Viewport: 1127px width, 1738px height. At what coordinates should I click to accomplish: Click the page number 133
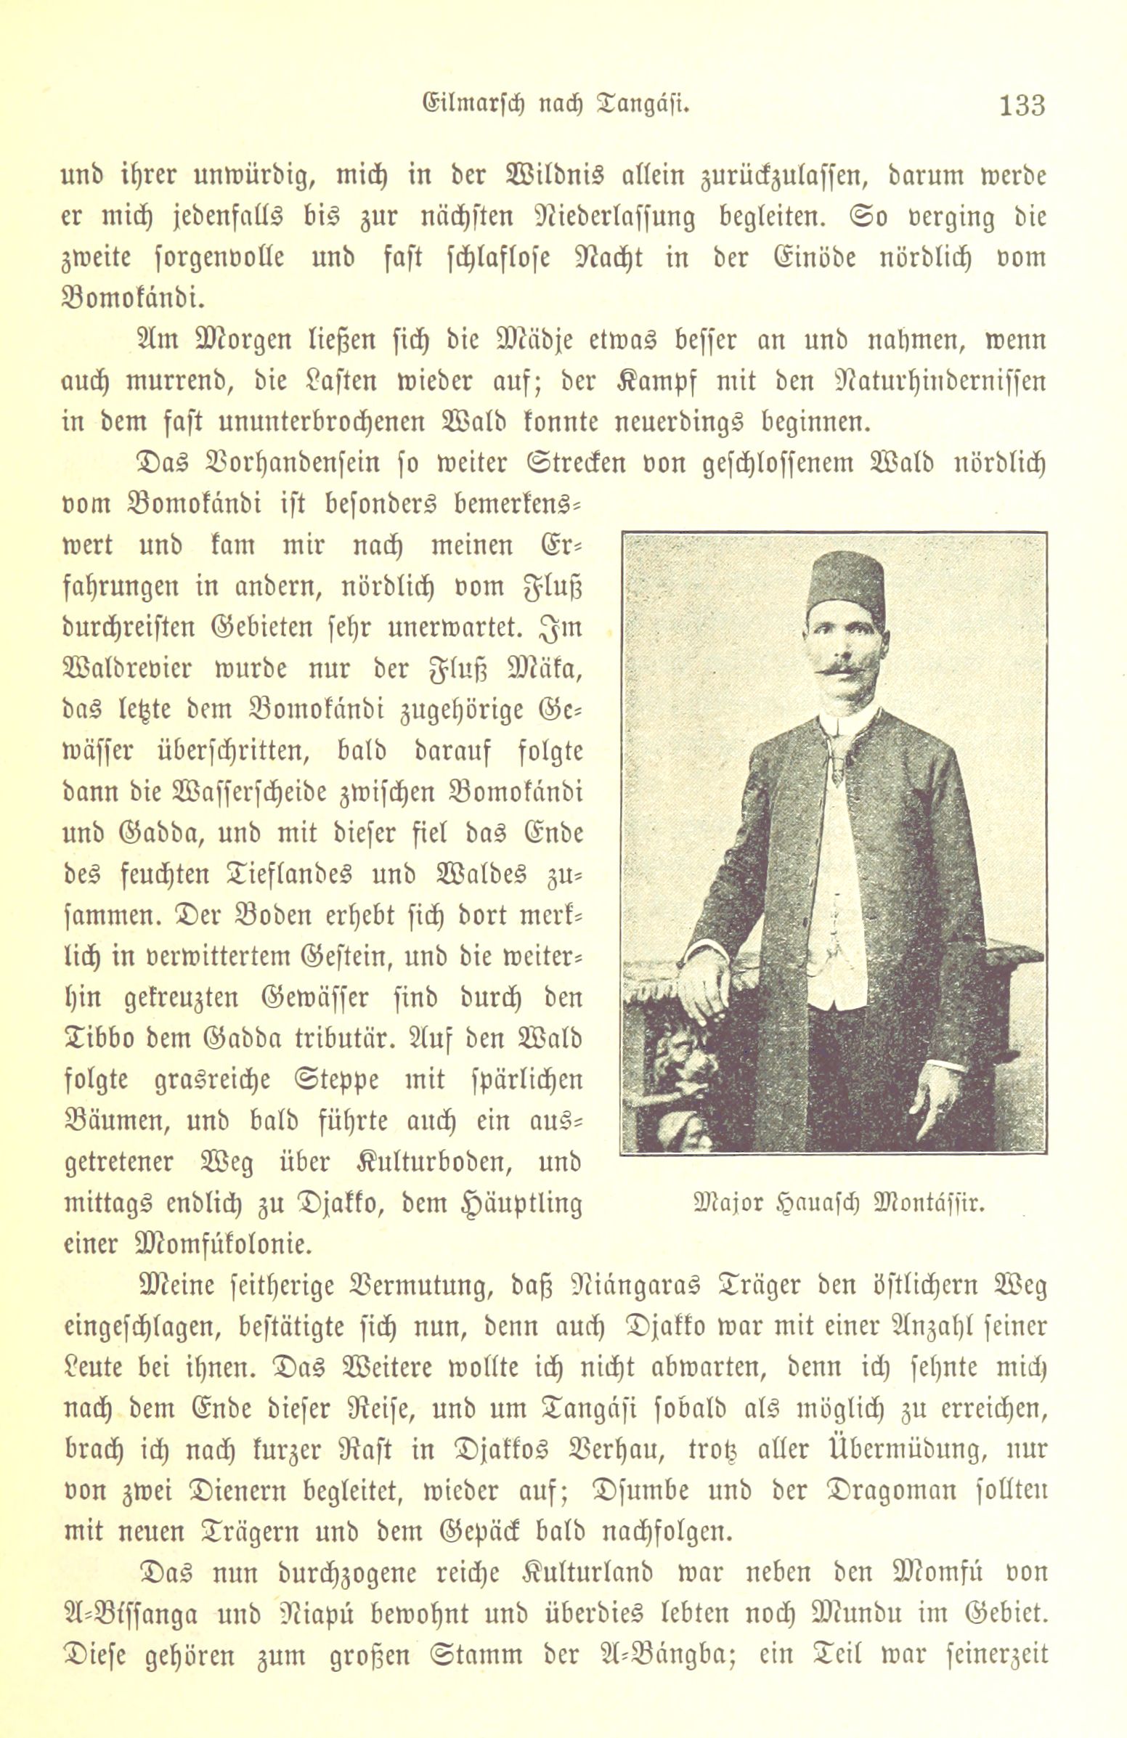1014,105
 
